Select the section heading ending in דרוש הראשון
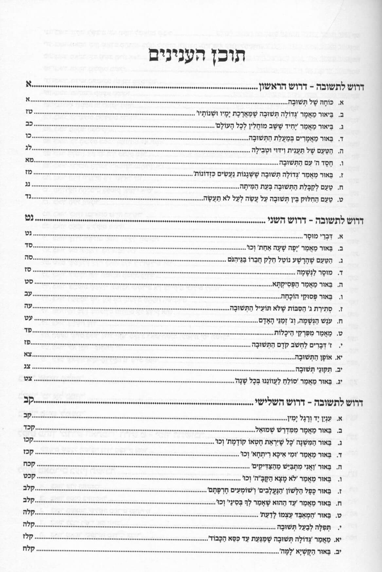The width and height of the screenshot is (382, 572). point(312,88)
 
